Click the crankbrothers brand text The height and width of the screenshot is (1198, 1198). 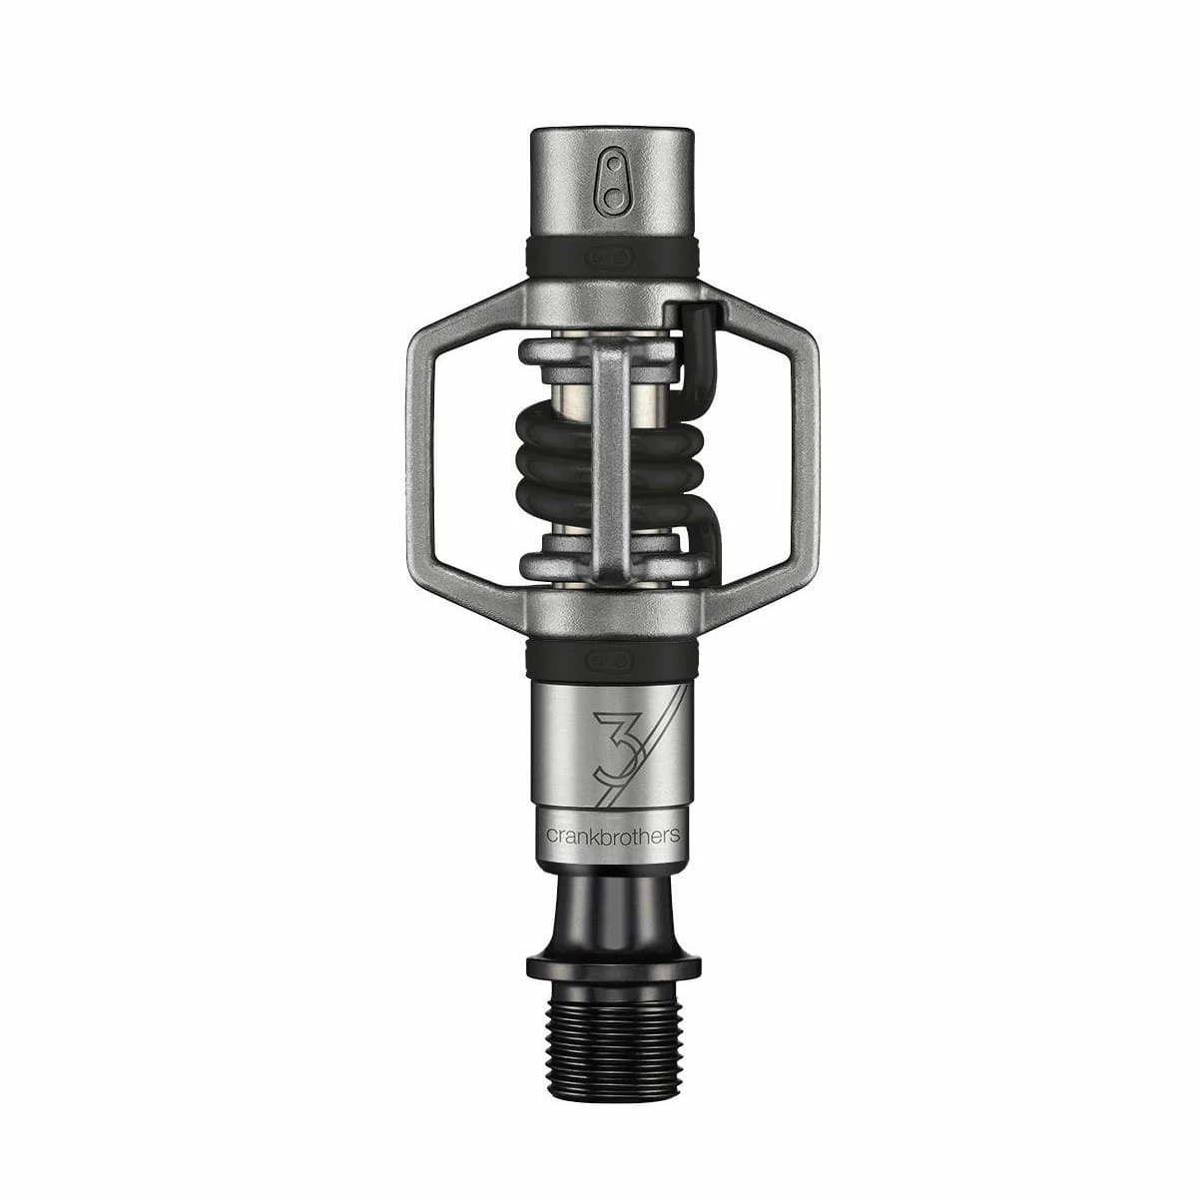point(612,836)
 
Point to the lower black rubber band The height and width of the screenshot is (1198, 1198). point(612,658)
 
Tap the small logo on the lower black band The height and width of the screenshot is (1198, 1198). point(612,658)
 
